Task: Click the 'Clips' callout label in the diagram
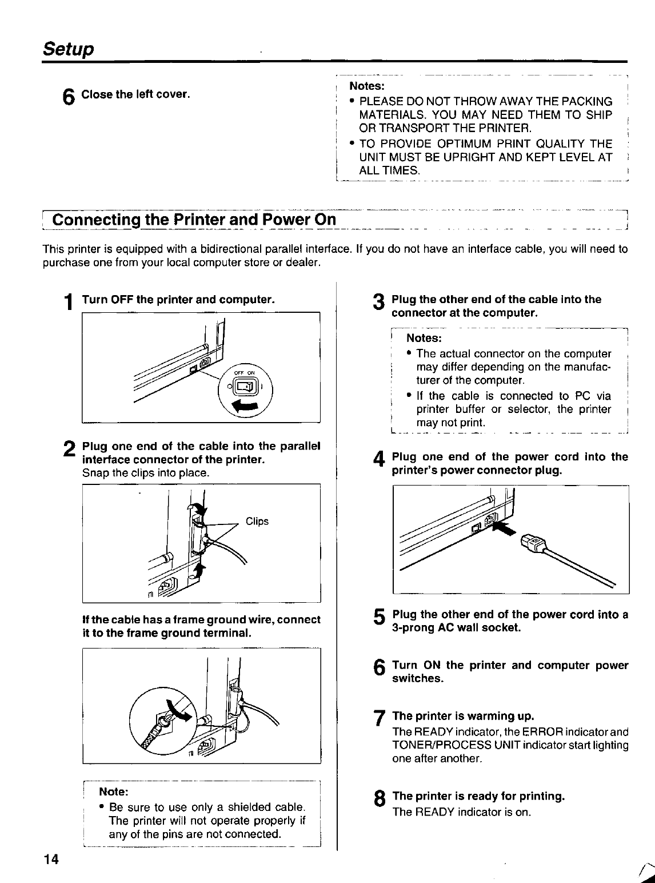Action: click(x=257, y=522)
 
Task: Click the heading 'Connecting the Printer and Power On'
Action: click(x=193, y=220)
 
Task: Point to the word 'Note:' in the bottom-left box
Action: click(x=114, y=792)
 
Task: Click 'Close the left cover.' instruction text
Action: click(x=135, y=94)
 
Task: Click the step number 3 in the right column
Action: click(x=378, y=304)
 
